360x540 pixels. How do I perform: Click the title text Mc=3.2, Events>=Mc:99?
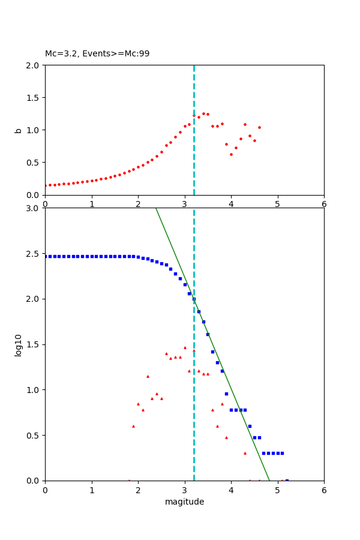[97, 54]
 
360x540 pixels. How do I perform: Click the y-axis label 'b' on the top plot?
[18, 130]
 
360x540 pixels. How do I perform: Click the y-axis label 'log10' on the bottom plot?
[18, 345]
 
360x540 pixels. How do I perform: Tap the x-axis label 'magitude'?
[184, 502]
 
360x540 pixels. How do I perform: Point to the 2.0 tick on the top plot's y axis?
[34, 65]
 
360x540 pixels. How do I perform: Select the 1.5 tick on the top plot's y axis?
[34, 97]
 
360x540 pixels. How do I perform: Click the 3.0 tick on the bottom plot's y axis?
[34, 208]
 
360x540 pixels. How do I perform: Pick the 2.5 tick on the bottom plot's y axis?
[34, 254]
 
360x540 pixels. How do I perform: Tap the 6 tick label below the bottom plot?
[324, 490]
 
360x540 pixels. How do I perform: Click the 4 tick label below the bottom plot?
[231, 490]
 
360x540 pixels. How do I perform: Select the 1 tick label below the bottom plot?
[92, 490]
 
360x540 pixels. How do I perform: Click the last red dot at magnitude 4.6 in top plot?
[259, 127]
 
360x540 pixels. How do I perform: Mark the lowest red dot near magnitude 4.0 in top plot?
[231, 154]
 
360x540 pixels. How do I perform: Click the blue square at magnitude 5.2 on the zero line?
[287, 480]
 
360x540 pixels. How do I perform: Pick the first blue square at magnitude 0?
[46, 256]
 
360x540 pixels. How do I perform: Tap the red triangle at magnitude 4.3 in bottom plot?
[245, 453]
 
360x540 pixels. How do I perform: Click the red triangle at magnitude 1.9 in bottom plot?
[133, 426]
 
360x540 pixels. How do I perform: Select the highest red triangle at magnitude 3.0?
[185, 347]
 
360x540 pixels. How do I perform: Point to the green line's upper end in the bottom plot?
[156, 209]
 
